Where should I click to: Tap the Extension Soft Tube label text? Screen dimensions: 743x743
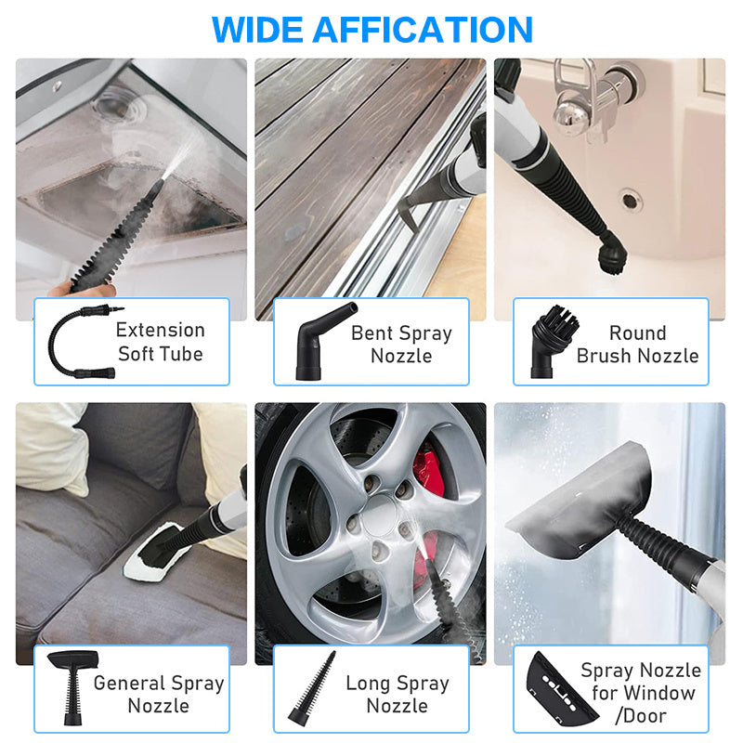(160, 341)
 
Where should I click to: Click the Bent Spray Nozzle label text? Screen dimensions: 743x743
(401, 344)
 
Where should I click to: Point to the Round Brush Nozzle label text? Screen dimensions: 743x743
(637, 344)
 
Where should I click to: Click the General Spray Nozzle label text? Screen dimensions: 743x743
(159, 694)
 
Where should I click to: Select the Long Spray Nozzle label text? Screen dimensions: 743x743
(398, 694)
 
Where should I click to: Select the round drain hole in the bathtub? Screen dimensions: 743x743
(631, 199)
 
